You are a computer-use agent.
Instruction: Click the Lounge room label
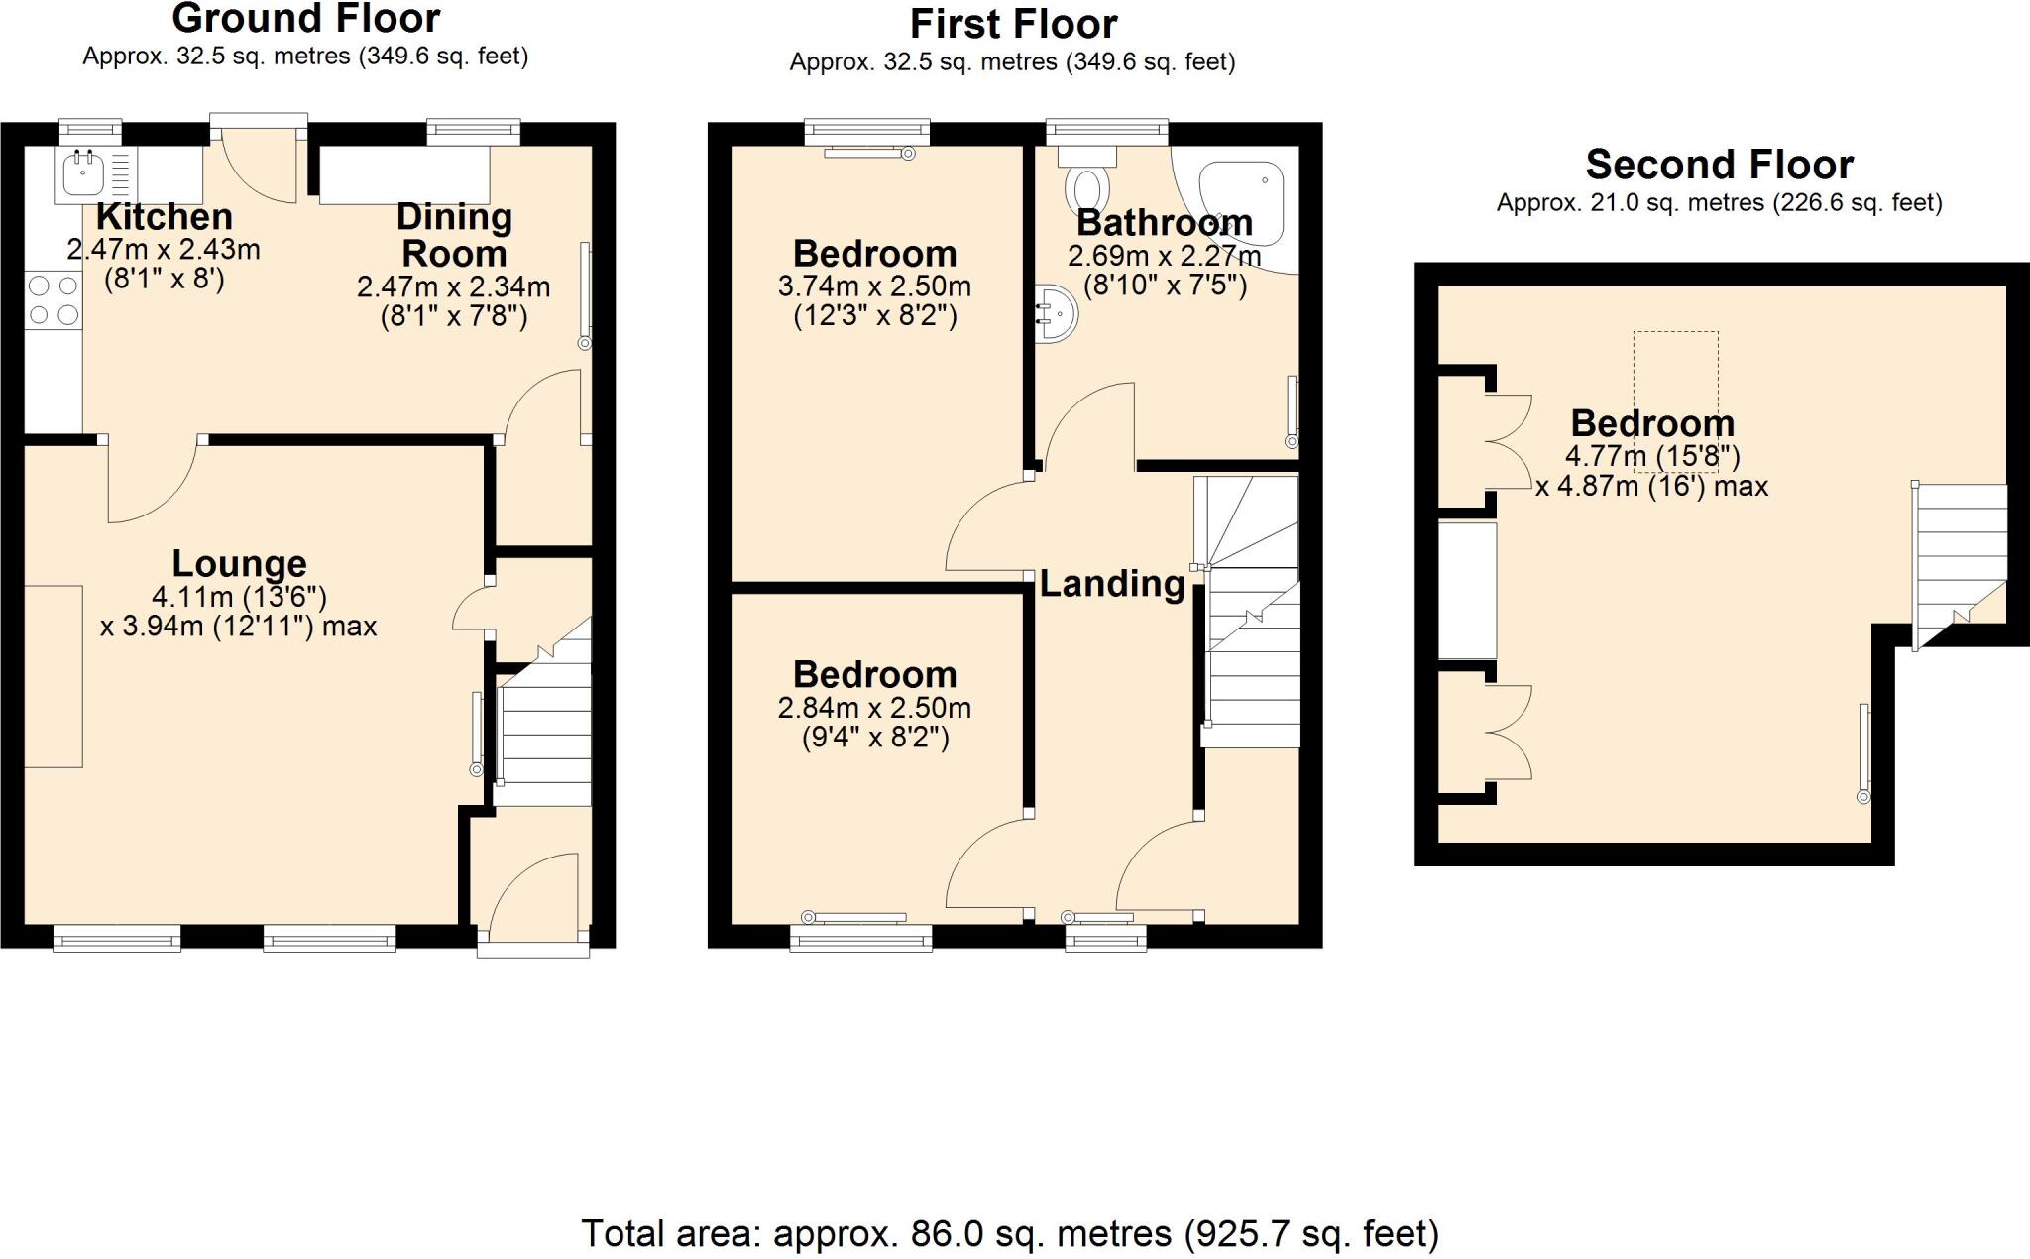point(239,563)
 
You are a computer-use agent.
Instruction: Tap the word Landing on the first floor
point(1111,584)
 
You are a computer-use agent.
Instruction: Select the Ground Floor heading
point(305,19)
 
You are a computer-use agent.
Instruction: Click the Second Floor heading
point(1719,165)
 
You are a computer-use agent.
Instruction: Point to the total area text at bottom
point(1009,1234)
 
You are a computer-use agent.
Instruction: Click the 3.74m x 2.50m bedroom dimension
point(874,286)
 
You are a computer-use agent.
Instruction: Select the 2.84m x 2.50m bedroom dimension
point(874,708)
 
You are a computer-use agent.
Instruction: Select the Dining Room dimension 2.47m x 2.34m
point(453,287)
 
